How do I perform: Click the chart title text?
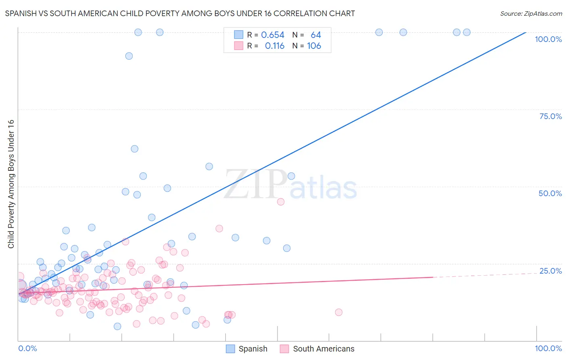click(180, 13)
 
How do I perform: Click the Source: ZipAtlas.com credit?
click(531, 13)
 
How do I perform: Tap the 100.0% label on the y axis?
click(548, 39)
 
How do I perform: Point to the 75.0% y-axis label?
click(550, 116)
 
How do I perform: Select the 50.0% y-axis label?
click(550, 193)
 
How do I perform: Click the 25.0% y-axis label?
click(550, 271)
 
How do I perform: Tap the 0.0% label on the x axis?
click(27, 348)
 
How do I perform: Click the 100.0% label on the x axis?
click(548, 348)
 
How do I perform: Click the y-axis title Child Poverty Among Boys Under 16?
click(11, 184)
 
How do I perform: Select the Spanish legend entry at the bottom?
click(247, 349)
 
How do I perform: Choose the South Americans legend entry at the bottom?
click(317, 349)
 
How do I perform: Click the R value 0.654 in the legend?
click(273, 35)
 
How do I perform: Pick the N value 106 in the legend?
click(314, 46)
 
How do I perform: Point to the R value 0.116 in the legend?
click(274, 46)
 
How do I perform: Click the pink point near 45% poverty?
click(281, 202)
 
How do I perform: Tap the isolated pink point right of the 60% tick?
click(339, 312)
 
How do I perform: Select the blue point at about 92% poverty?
click(129, 56)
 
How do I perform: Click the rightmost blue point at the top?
click(467, 32)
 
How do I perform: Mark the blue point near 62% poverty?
click(135, 149)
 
